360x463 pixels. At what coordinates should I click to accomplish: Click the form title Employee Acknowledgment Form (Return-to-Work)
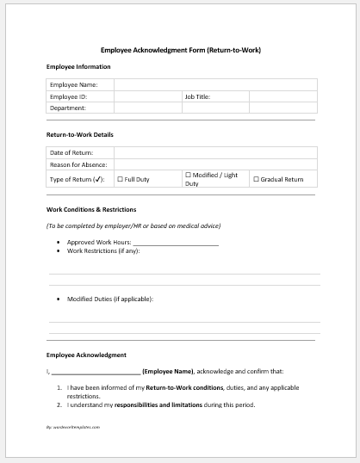coord(180,50)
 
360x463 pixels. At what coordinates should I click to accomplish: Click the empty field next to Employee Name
coord(214,85)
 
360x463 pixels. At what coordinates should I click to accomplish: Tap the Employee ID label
coord(68,97)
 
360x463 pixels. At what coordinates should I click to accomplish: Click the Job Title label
coord(197,97)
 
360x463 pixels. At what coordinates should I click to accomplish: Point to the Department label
coord(68,108)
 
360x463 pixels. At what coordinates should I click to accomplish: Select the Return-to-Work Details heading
coord(79,135)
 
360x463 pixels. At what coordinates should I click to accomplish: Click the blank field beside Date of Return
coord(214,152)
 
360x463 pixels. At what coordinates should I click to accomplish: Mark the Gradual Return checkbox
coord(255,179)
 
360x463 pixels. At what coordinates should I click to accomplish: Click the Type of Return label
coord(76,179)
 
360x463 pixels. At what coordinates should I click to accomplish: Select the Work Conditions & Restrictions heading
coord(90,209)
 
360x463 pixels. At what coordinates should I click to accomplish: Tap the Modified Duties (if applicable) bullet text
coord(110,299)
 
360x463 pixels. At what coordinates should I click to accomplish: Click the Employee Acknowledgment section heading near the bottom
coord(86,355)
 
